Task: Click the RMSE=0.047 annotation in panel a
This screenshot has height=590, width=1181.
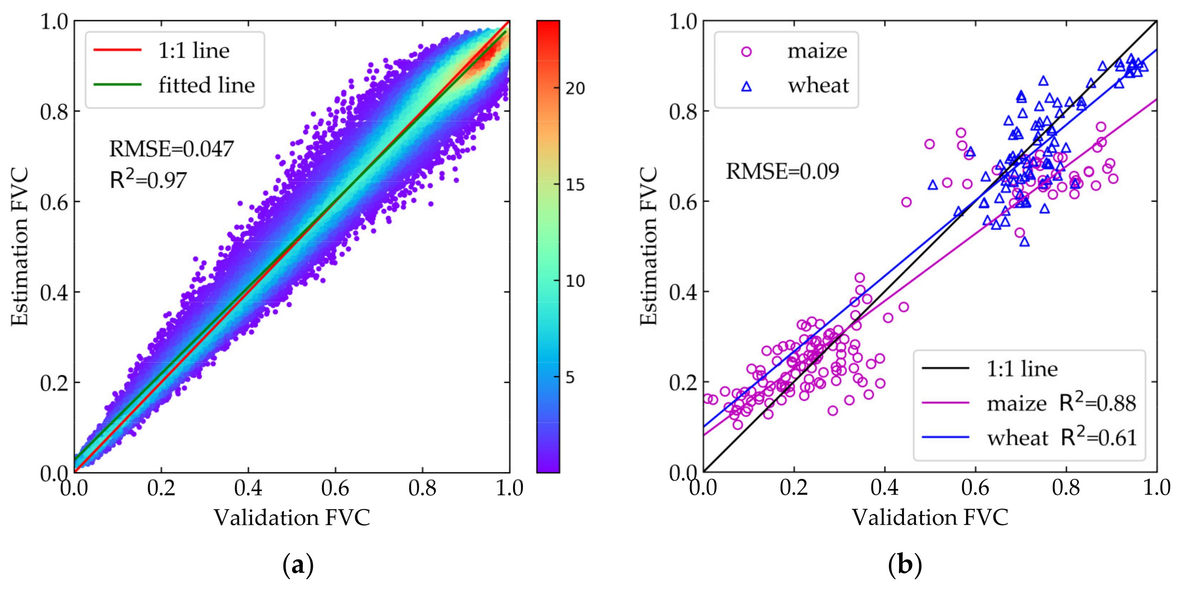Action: tap(171, 149)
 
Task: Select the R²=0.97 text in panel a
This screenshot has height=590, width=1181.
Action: tap(148, 180)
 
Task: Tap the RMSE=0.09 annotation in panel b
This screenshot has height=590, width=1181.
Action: tap(782, 171)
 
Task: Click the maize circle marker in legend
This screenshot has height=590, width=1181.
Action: tap(747, 51)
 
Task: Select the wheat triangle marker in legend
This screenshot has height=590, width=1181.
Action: tap(747, 86)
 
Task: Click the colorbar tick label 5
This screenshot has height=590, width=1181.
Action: tap(570, 378)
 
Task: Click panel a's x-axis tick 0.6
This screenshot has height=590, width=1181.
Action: tap(335, 488)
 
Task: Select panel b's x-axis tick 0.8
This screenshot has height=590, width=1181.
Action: tap(1066, 488)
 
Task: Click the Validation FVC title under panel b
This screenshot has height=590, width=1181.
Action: tap(930, 518)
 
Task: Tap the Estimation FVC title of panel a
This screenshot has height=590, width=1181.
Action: tap(20, 246)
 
